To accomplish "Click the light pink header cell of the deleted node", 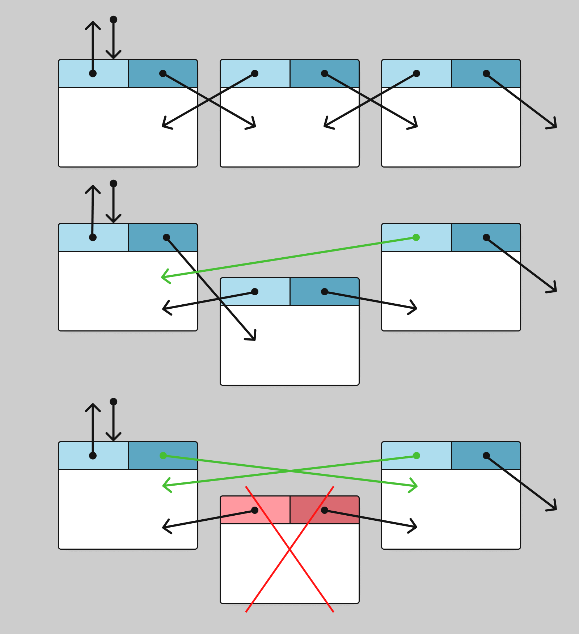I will click(x=239, y=510).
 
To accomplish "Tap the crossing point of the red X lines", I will click(x=289, y=549).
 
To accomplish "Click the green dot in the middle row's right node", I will click(x=416, y=237).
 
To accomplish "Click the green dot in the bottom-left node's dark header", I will click(x=163, y=456).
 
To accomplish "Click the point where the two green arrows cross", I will click(x=290, y=471).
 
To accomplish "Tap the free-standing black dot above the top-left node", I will click(x=113, y=20).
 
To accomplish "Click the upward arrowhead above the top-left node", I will click(x=93, y=23).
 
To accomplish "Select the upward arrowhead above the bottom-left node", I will click(x=93, y=405).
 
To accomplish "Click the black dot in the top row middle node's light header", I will click(x=255, y=73).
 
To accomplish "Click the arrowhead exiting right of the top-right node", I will click(x=555, y=126).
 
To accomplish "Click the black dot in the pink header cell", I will click(x=255, y=510).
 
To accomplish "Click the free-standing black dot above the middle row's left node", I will click(x=113, y=183).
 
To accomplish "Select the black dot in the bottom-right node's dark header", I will click(x=486, y=456).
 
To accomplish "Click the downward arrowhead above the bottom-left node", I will click(x=113, y=439).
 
